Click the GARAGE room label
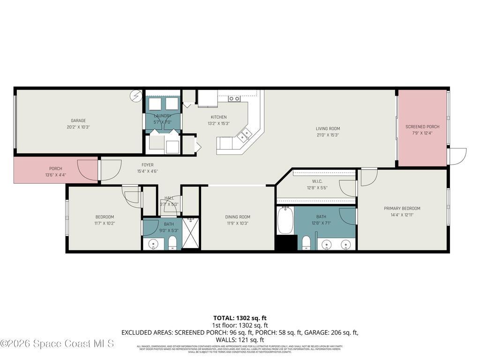(78, 120)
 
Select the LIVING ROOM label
(328, 128)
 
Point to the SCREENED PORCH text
(422, 127)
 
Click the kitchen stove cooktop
(234, 98)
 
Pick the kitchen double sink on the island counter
(243, 136)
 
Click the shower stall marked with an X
(191, 233)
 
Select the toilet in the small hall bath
(172, 243)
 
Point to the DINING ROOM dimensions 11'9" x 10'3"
(238, 223)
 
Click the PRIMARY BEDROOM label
(402, 209)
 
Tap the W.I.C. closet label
(317, 181)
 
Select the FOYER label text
(147, 165)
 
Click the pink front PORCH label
(55, 169)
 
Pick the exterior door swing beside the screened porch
(457, 156)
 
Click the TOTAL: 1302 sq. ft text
(240, 318)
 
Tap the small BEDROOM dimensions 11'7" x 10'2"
(105, 223)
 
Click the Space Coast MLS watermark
(57, 344)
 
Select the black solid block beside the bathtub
(286, 242)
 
